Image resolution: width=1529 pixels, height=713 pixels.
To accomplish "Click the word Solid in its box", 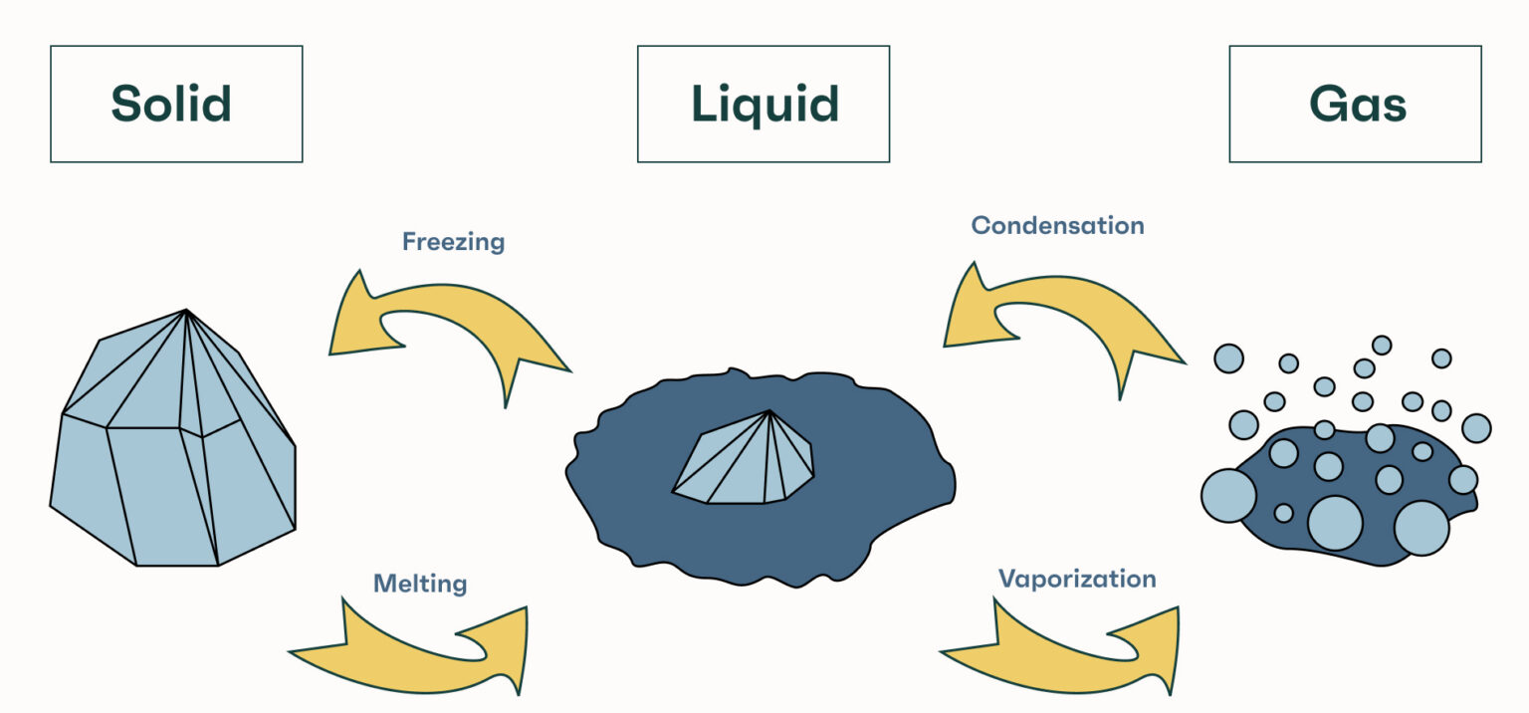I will coord(171,104).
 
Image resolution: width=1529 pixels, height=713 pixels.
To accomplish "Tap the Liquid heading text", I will coord(764,104).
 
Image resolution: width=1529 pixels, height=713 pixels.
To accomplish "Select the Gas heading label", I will coord(1357,104).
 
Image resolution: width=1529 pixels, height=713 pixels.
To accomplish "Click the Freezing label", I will coord(453,241).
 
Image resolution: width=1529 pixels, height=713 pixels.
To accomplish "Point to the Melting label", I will coord(420,583).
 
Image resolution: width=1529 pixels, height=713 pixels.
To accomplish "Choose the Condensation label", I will coord(1057,225).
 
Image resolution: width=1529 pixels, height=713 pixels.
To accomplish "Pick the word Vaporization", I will coord(1077,579).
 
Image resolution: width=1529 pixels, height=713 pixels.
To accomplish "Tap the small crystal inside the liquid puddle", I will coord(742,463).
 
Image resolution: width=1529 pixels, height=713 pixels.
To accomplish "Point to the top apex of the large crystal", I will coord(186,311).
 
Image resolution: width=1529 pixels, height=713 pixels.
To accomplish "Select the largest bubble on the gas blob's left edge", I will coord(1228,495).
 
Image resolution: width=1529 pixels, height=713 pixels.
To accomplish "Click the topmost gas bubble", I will coord(1382,345).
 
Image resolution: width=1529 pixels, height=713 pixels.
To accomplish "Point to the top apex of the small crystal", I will coord(770,411).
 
